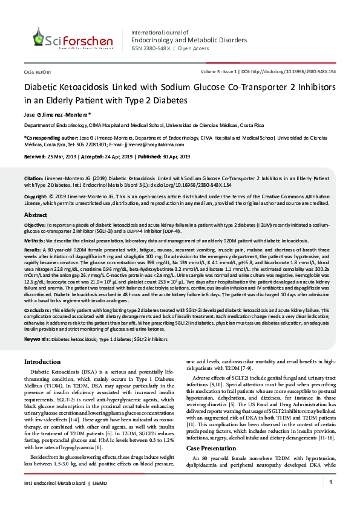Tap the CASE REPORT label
pos(38,71)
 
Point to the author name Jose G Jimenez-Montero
pos(57,114)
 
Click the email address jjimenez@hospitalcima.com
pos(157,145)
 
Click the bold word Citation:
pos(33,179)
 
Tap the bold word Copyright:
pos(35,197)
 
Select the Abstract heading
pos(36,215)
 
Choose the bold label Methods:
pos(34,240)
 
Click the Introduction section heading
pos(42,361)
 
